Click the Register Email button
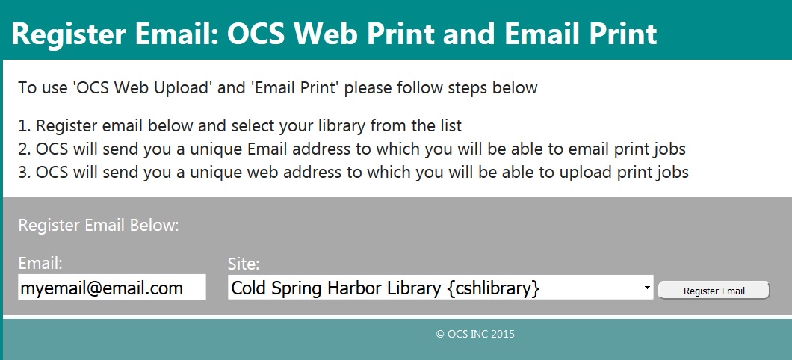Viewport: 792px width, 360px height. coord(714,291)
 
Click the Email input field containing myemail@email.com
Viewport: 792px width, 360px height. coord(111,288)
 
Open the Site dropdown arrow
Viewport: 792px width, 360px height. coord(646,288)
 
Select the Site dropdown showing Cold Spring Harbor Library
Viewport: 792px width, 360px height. coord(440,288)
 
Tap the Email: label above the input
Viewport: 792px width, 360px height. coord(40,263)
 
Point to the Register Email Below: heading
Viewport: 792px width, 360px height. coord(99,225)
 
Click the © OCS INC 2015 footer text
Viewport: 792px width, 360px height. coord(475,334)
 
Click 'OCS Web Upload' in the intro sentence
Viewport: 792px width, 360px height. coord(142,88)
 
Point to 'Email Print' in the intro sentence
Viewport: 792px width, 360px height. coord(294,88)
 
